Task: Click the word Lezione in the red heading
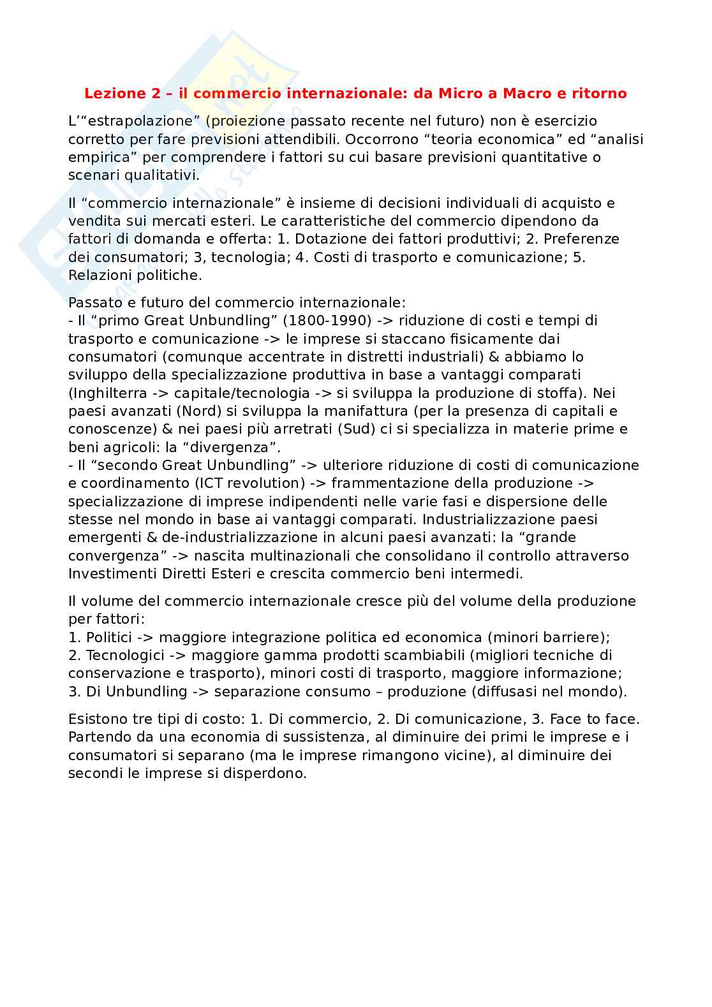[x=115, y=94]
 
